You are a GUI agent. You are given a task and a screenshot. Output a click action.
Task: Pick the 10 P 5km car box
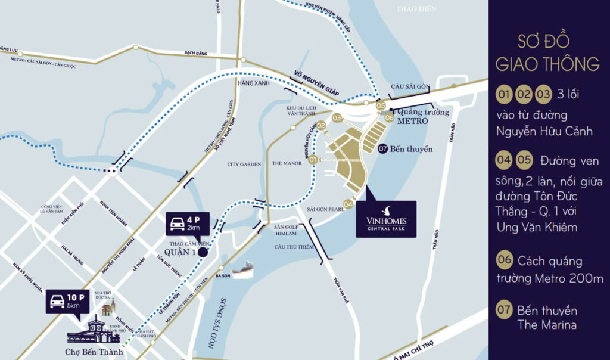click(x=67, y=302)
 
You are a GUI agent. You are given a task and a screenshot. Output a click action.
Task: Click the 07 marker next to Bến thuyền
click(x=382, y=149)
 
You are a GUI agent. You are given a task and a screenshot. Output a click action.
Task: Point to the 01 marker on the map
click(x=313, y=159)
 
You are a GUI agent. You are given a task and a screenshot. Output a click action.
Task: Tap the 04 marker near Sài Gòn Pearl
click(x=348, y=204)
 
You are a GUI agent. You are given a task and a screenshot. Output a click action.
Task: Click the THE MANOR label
click(x=287, y=163)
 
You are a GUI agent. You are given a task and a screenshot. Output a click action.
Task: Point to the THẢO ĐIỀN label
click(x=416, y=9)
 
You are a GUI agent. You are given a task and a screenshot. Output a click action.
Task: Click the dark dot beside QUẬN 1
click(x=203, y=252)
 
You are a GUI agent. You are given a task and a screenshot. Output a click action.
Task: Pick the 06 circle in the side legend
click(x=504, y=260)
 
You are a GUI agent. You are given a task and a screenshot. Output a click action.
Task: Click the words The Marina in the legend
click(x=547, y=325)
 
